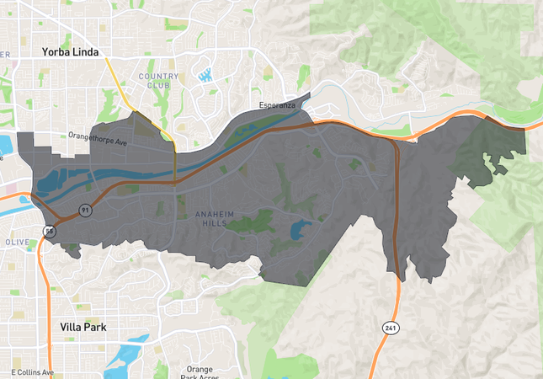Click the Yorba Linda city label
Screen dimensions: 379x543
coord(71,52)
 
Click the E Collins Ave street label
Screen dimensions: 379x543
coord(33,371)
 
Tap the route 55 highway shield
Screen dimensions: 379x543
coord(51,231)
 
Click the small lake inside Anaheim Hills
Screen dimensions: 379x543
coord(301,228)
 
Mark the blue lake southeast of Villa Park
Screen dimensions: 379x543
coord(127,354)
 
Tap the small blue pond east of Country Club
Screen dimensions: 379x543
coord(204,76)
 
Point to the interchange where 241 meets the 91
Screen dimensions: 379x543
coord(392,141)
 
